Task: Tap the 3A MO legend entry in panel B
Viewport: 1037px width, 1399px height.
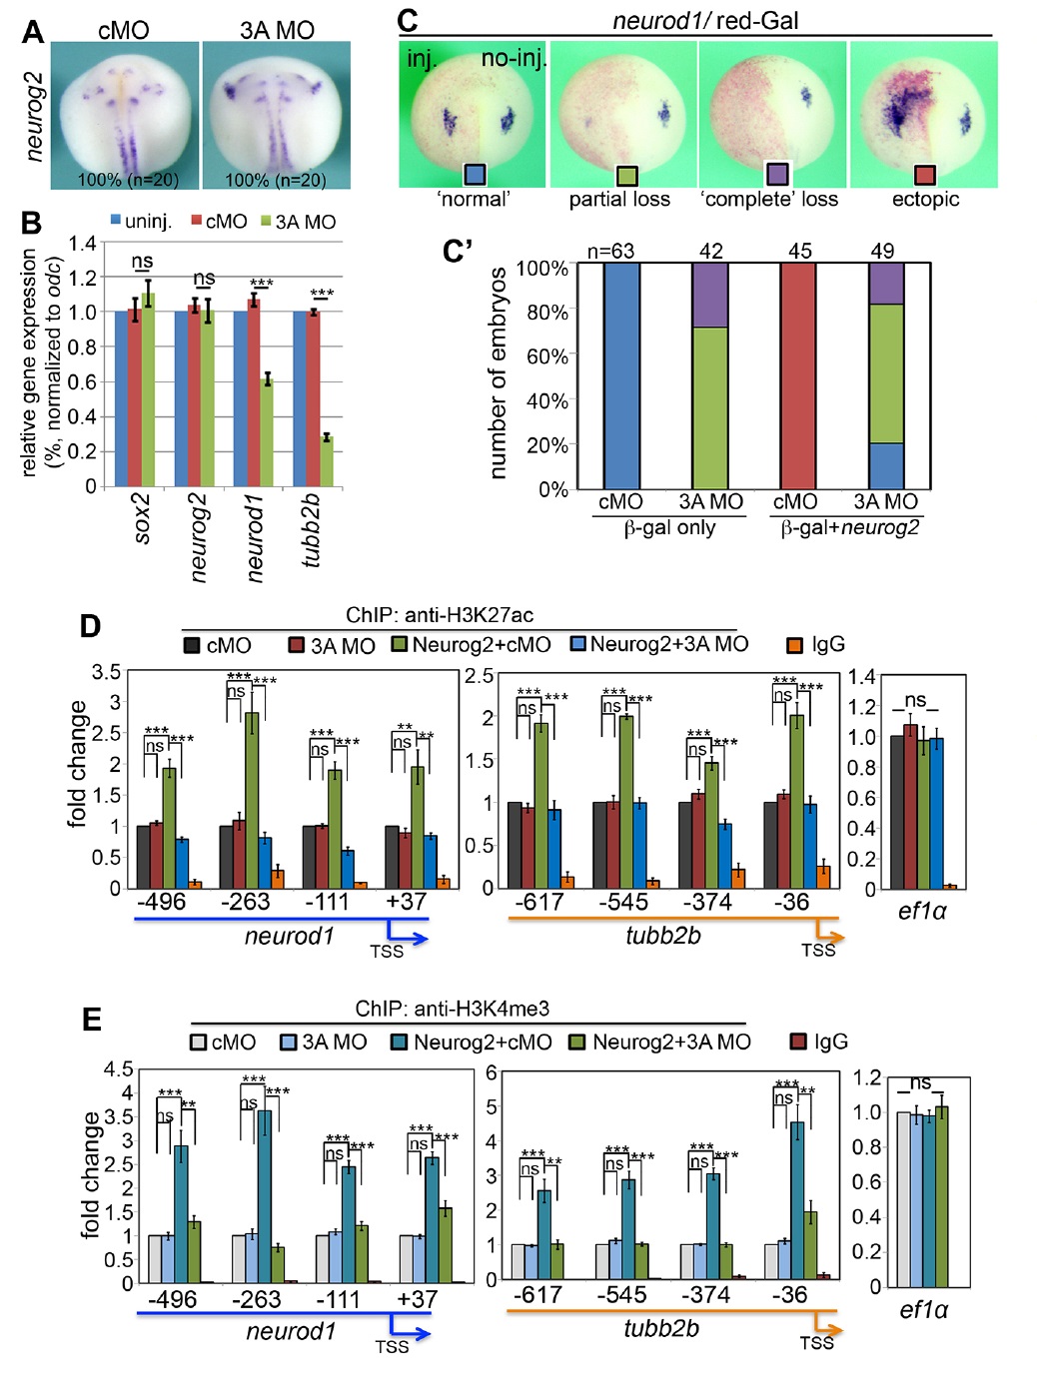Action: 298,222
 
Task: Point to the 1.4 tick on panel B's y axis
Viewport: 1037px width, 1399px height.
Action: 83,243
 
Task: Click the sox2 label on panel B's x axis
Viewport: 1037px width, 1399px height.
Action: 142,517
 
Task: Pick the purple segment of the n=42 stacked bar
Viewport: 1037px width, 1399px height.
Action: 710,296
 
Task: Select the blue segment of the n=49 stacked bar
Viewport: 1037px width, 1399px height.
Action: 885,465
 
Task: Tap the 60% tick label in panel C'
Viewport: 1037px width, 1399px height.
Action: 546,356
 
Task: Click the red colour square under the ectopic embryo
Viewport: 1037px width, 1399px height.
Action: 925,175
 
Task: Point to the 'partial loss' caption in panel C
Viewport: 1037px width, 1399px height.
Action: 619,200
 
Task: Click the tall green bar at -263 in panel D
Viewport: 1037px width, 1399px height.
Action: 252,799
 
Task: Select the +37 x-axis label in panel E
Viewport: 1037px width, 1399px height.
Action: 417,1299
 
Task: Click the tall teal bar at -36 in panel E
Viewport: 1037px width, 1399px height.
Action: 797,1199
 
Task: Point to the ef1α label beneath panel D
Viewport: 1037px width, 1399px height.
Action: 922,911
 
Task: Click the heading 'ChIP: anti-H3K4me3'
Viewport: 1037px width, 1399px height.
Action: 452,1009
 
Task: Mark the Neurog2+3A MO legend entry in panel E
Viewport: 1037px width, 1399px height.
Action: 659,1043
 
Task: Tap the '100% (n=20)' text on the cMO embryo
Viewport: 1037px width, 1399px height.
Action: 128,180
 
